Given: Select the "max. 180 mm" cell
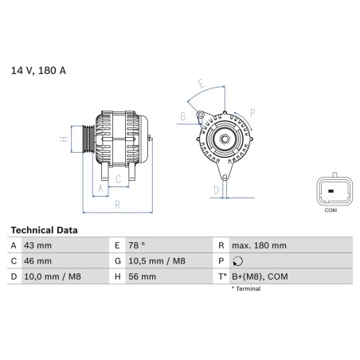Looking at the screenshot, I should tap(259, 246).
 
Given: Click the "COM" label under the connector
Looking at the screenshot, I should tap(331, 210).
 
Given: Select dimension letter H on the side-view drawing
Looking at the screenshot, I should tap(63, 140).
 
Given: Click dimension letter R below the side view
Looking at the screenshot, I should tap(117, 205).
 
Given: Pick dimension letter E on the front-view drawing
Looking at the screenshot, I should tap(201, 83).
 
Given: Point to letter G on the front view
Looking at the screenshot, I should tap(182, 117).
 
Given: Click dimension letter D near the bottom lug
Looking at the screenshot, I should tap(216, 190).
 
